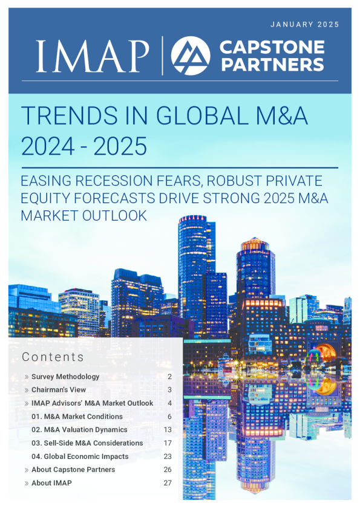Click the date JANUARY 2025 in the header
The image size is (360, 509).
click(x=304, y=25)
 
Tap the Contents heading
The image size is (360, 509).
click(x=53, y=357)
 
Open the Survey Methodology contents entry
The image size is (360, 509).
click(x=65, y=377)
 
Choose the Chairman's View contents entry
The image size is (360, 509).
click(x=59, y=390)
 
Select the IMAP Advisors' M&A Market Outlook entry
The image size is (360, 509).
click(x=92, y=403)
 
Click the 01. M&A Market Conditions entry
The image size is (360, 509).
click(x=77, y=417)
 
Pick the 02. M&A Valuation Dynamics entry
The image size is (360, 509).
click(x=79, y=430)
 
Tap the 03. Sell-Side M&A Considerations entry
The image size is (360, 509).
click(x=87, y=443)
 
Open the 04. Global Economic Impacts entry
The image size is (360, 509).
click(x=80, y=456)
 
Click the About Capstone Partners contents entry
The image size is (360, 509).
click(x=73, y=470)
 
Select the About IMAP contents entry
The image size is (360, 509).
click(x=51, y=483)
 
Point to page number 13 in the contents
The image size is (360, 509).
click(x=168, y=430)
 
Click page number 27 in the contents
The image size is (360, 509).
click(x=168, y=483)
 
